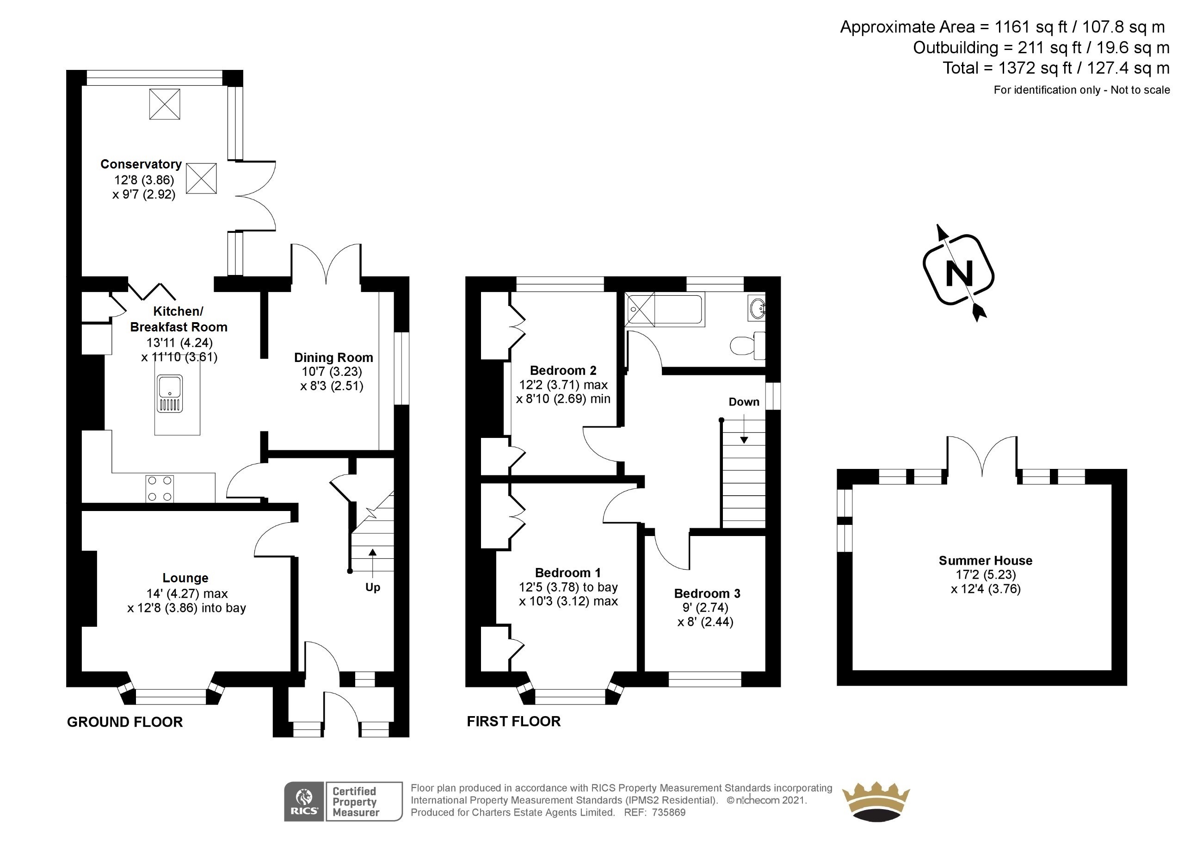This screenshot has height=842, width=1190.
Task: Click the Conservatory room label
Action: (141, 164)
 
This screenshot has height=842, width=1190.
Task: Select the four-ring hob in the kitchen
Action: (160, 489)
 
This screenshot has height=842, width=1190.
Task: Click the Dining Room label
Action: (333, 357)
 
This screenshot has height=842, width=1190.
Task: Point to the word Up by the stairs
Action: (373, 587)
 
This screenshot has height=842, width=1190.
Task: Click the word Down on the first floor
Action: (744, 402)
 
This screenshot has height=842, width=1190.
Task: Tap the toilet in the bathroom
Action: (746, 345)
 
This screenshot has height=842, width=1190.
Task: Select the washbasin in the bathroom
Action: (757, 309)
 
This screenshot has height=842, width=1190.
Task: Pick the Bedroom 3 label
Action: (707, 593)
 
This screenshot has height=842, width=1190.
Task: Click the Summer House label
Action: (985, 561)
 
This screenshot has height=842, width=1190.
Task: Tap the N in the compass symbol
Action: (959, 274)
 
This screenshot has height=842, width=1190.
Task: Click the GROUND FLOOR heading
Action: (125, 722)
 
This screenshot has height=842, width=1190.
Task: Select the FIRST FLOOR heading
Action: (514, 722)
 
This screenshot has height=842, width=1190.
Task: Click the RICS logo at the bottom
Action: (304, 802)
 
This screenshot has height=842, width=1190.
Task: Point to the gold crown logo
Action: (876, 802)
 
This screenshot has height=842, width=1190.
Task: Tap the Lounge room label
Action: (185, 578)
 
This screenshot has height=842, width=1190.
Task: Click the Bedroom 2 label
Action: (563, 370)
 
